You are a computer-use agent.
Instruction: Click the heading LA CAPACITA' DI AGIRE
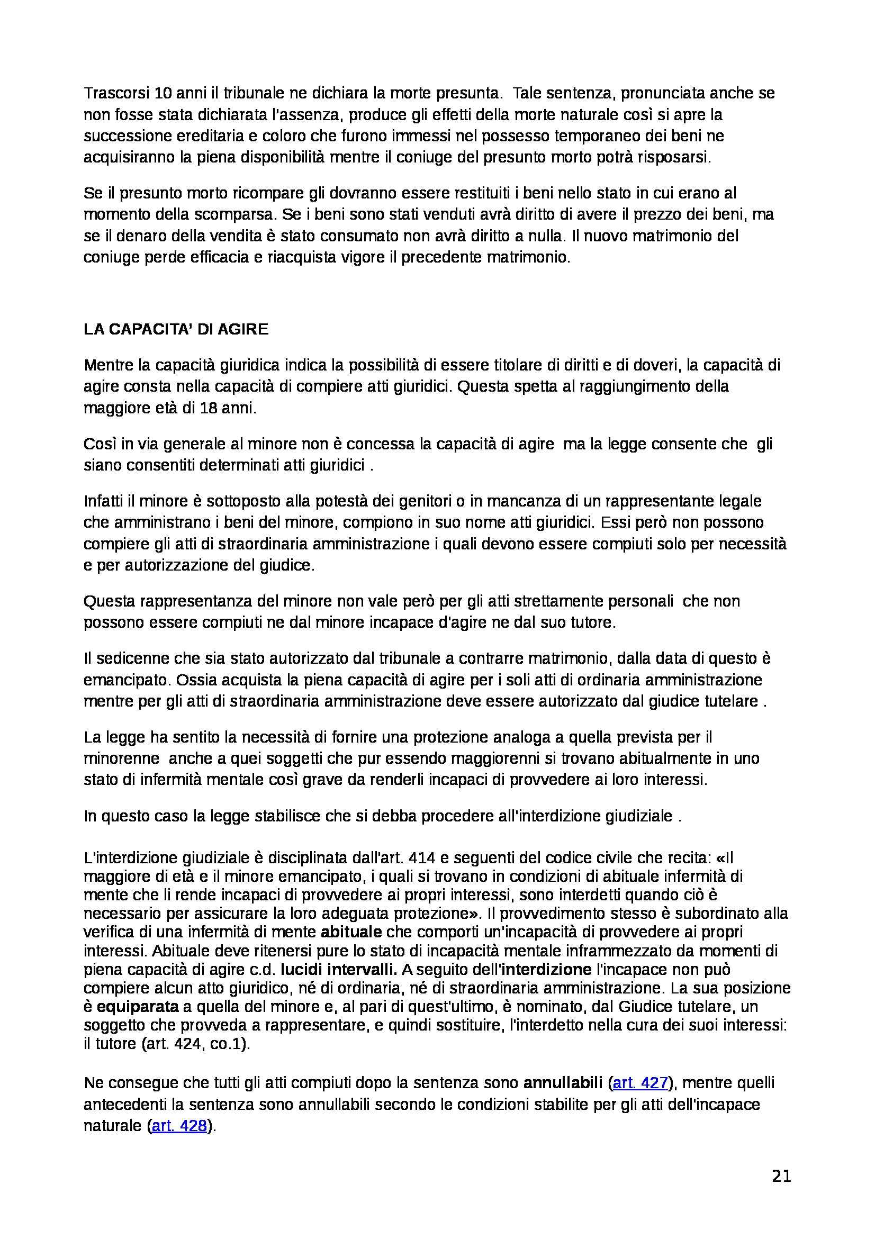pyautogui.click(x=176, y=329)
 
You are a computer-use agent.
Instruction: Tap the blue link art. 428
pyautogui.click(x=179, y=1126)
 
